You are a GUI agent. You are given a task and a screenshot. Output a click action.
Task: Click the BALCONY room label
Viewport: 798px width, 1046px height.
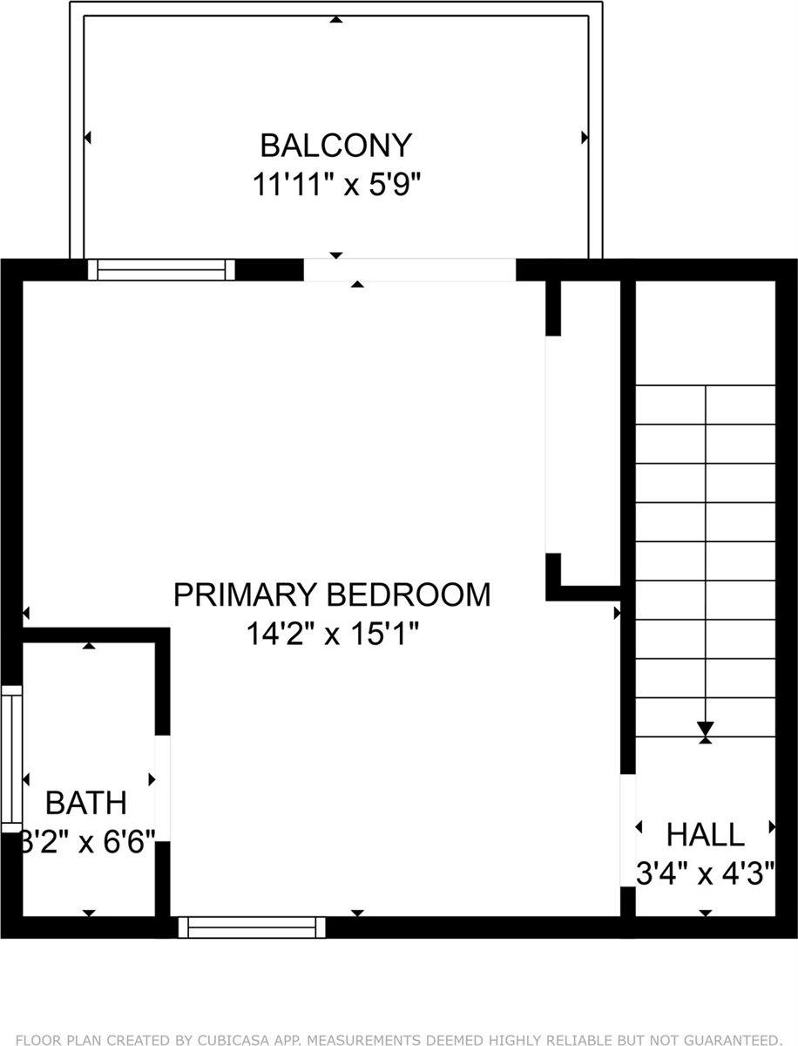(336, 144)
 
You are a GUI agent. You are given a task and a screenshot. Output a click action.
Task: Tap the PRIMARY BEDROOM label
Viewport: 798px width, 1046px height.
(332, 594)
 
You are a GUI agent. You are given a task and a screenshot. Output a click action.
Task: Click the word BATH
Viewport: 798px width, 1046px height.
(85, 802)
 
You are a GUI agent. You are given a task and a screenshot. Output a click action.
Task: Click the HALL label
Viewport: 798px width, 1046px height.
(705, 834)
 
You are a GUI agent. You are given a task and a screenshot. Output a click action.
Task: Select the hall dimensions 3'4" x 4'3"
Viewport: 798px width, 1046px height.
(705, 873)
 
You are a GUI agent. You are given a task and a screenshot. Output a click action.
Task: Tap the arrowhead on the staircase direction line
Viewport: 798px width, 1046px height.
(706, 729)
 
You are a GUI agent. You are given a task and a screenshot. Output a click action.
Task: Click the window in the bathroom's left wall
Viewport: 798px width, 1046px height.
(11, 758)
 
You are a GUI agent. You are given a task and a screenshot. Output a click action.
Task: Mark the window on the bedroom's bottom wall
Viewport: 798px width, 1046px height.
(252, 927)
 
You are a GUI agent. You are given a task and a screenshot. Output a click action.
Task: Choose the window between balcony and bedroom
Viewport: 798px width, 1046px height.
(162, 269)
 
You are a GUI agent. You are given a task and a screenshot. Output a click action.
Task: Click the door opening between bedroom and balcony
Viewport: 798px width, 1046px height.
(409, 269)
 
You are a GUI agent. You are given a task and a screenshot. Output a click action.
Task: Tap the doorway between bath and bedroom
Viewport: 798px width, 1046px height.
(162, 781)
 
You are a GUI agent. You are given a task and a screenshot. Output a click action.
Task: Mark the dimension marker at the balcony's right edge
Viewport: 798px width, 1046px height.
(585, 138)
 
